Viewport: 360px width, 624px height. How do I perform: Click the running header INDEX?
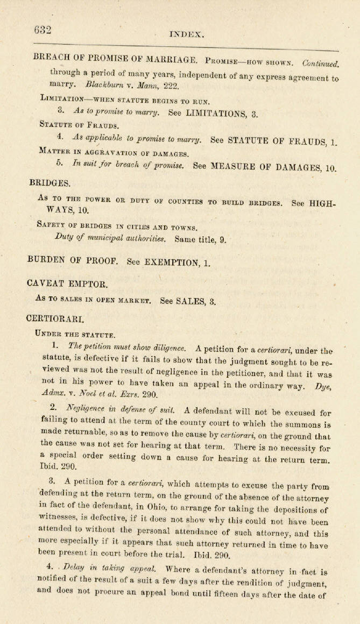click(x=186, y=34)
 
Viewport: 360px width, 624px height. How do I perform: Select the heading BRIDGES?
click(x=50, y=183)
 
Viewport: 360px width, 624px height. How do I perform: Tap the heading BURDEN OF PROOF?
click(x=72, y=260)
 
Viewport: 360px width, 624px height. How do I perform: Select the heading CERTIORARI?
click(x=55, y=318)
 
